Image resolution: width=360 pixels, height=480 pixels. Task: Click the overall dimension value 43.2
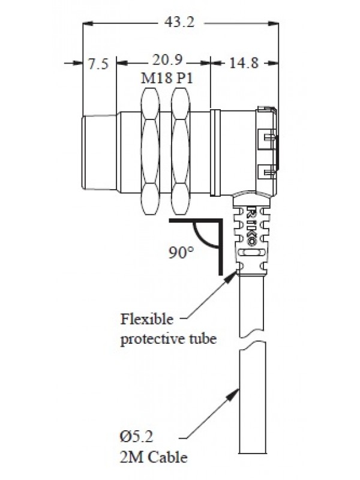[x=181, y=23]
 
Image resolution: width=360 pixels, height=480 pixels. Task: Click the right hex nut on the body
[x=179, y=153]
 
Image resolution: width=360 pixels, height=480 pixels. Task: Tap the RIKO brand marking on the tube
[x=252, y=226]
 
